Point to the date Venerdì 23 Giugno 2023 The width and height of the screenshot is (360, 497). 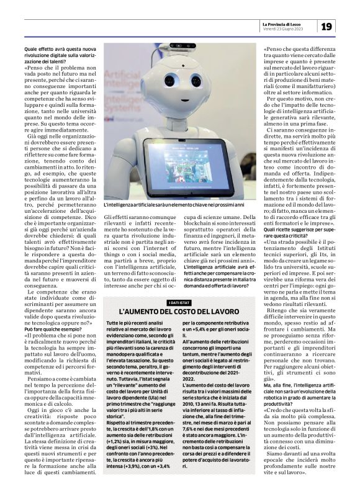281,29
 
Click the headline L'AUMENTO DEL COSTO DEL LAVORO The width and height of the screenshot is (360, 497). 179,311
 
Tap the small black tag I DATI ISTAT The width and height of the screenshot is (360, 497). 179,302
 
